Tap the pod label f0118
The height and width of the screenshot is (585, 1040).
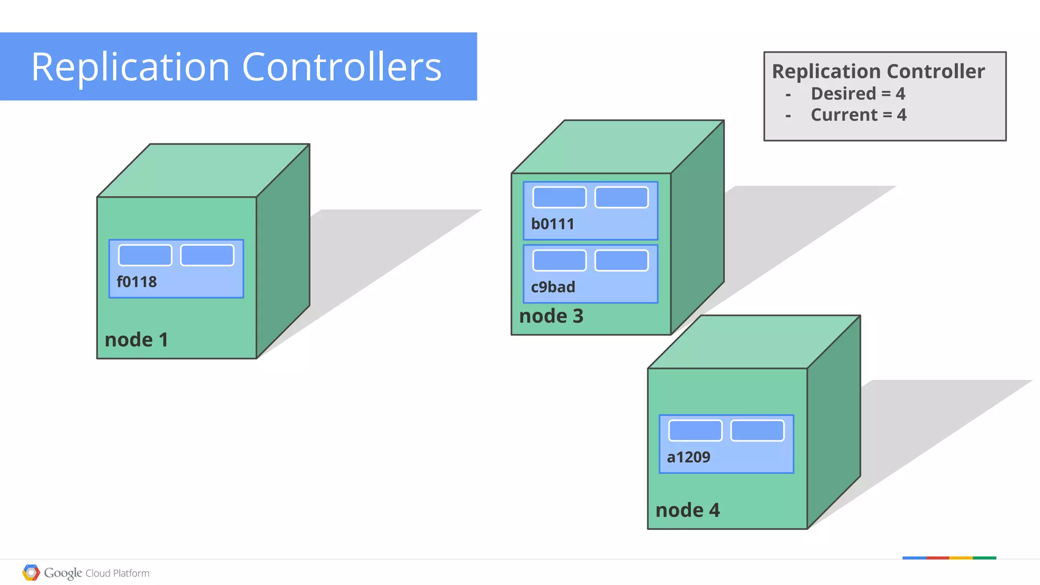137,282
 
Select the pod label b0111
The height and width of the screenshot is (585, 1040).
552,224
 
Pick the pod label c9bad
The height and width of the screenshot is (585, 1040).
553,287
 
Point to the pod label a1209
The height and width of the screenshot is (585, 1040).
689,457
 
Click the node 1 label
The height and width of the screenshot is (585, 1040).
136,340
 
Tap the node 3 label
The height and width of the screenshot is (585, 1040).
551,316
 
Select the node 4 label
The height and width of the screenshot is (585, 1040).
688,510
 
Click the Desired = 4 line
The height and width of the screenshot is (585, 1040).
858,94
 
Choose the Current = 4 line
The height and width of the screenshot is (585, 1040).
858,115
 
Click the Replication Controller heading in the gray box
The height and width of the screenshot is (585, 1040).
878,72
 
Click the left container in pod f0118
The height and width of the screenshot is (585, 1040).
145,255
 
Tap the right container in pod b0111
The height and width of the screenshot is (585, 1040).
622,197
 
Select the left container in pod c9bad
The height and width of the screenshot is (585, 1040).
559,261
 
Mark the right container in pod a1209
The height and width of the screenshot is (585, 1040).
757,431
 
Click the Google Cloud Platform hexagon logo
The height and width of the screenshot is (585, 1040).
31,573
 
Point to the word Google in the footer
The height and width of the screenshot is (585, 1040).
63,573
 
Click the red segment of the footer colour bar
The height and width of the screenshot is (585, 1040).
937,558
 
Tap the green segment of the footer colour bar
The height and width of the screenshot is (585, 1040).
984,558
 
